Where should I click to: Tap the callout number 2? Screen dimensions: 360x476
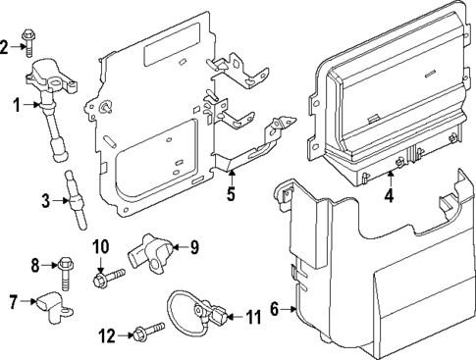tap(7, 46)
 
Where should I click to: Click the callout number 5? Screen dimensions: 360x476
tap(231, 193)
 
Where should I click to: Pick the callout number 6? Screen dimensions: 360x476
tap(275, 310)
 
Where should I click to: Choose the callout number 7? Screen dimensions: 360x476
tap(13, 302)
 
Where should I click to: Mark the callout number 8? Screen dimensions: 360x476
tap(36, 264)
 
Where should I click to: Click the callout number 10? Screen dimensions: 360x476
tap(101, 245)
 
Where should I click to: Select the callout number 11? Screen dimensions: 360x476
tap(253, 317)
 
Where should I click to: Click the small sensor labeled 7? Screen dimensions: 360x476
tap(46, 307)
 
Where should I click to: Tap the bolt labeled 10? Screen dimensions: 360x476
tap(107, 281)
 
